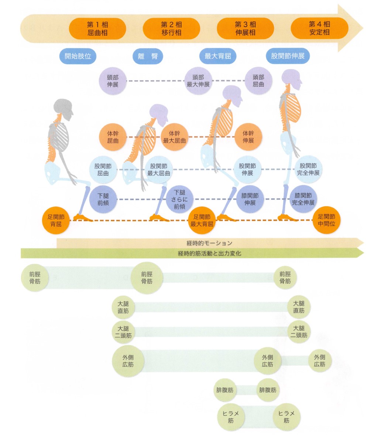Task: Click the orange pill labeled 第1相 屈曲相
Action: (97, 28)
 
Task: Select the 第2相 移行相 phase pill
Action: (171, 28)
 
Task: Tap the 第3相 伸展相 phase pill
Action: (245, 28)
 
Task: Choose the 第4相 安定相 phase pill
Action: (319, 28)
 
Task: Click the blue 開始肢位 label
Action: (78, 57)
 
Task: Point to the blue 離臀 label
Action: (148, 57)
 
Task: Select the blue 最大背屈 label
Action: (218, 57)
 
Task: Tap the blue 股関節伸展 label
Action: (288, 56)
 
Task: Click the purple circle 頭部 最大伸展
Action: (198, 81)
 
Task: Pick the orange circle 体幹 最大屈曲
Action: (175, 137)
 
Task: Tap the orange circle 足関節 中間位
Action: (326, 220)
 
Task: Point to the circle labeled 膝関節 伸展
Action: (250, 199)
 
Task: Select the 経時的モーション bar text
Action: (209, 243)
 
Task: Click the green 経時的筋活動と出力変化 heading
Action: (209, 253)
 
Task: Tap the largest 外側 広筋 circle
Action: (128, 361)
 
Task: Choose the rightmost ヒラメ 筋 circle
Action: (286, 417)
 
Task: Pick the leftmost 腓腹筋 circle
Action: (225, 390)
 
